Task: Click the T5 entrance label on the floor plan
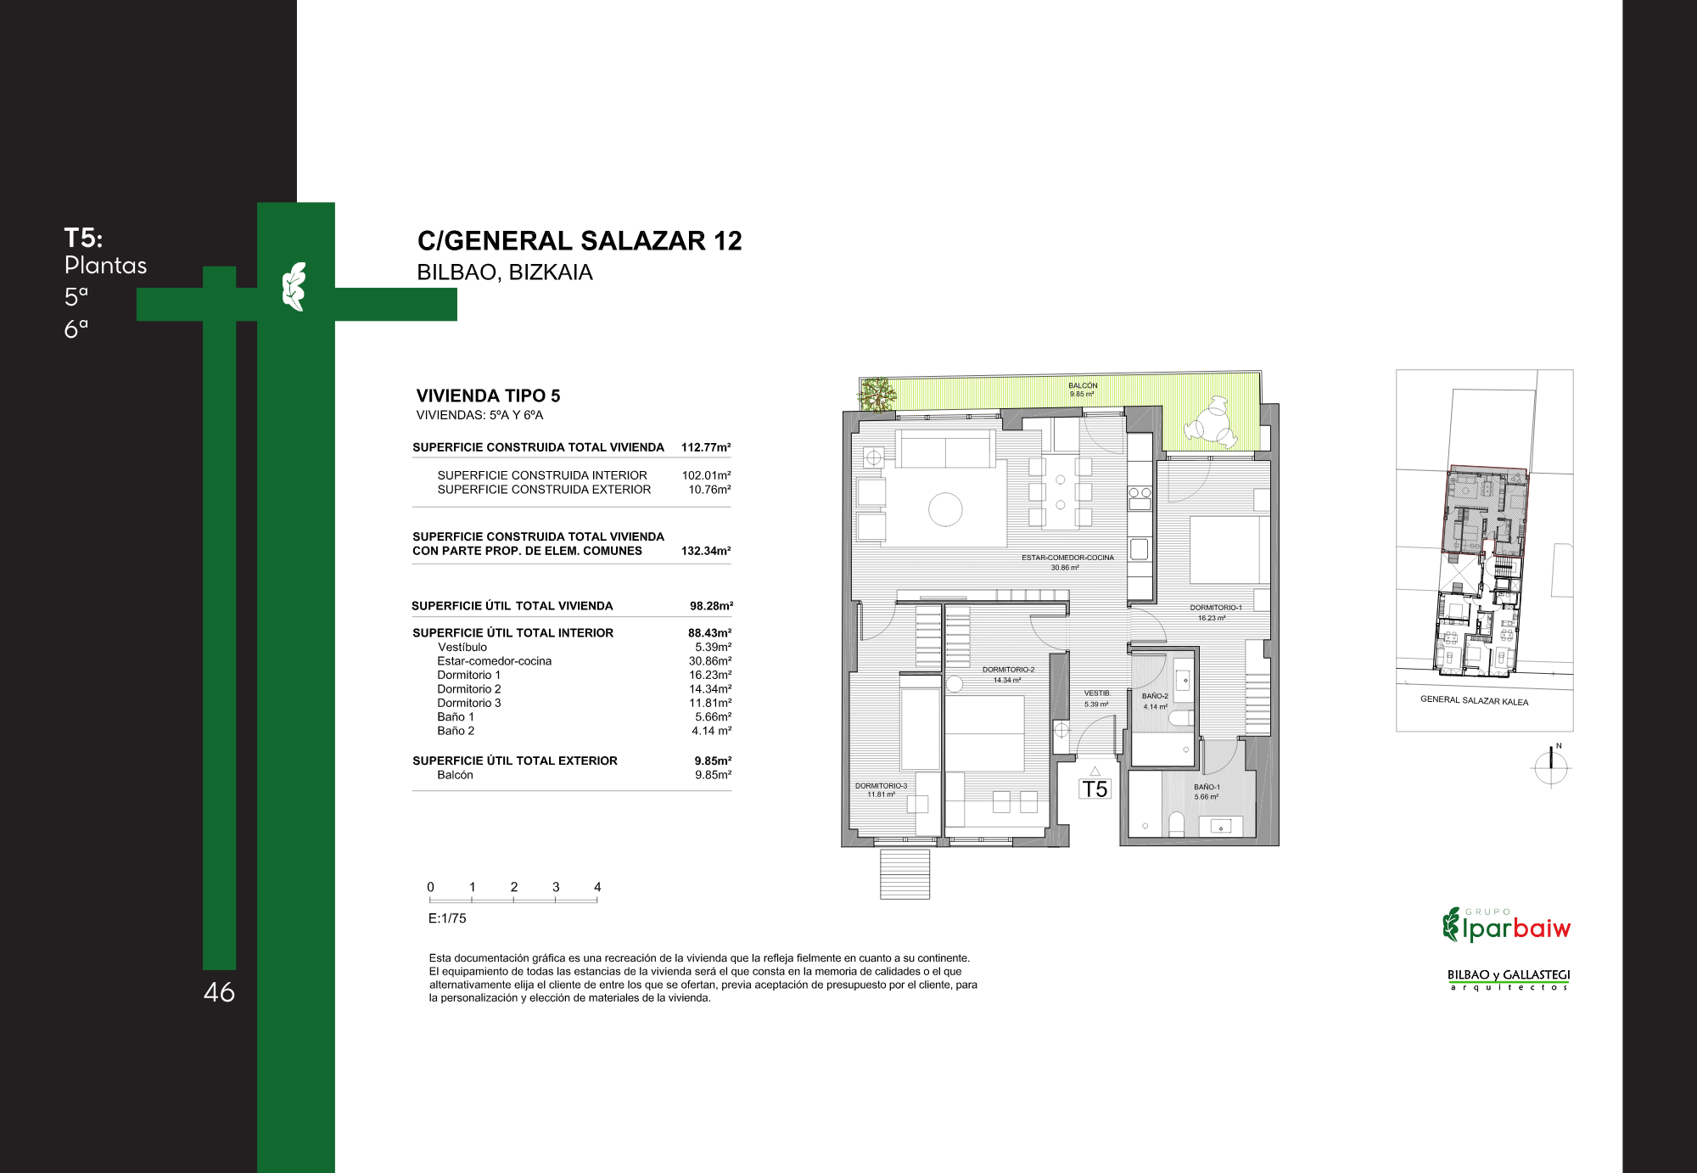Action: [x=1095, y=789]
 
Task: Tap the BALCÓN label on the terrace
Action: [x=1083, y=385]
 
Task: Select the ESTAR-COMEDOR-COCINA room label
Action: [x=1067, y=558]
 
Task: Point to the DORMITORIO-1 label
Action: [x=1215, y=608]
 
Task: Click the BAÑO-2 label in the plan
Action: [x=1155, y=696]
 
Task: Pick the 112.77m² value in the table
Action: [x=706, y=447]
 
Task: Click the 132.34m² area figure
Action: [x=706, y=551]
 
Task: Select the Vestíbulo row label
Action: [x=462, y=647]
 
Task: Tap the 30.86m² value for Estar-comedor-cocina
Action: [x=710, y=661]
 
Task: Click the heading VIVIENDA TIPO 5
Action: [x=488, y=396]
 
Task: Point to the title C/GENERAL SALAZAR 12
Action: [x=580, y=241]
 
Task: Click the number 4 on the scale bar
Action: [x=597, y=887]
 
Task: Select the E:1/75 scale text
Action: [x=447, y=918]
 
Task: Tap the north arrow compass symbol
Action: [x=1552, y=767]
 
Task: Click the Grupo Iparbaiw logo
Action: [x=1506, y=925]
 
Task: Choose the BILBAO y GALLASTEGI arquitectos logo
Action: [x=1509, y=979]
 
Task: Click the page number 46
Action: [x=219, y=992]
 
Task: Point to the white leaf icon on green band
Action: [x=294, y=287]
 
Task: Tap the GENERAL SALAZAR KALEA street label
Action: [x=1474, y=700]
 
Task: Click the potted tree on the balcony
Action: [x=877, y=395]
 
